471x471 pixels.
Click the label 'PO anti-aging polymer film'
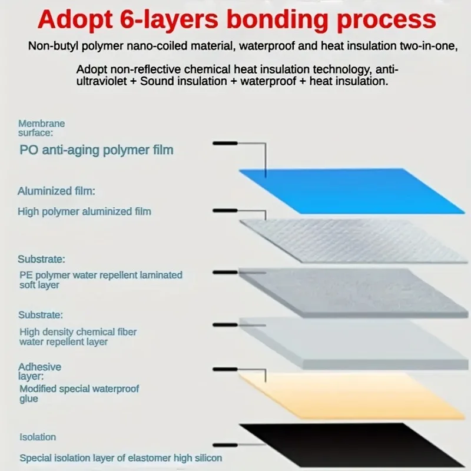pyautogui.click(x=97, y=150)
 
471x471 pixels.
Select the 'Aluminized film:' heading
pyautogui.click(x=57, y=191)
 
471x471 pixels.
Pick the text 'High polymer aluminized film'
pyautogui.click(x=84, y=211)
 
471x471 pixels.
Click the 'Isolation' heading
pyautogui.click(x=38, y=437)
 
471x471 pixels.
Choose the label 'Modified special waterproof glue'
pyautogui.click(x=79, y=394)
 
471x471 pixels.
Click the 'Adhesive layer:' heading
pyautogui.click(x=39, y=371)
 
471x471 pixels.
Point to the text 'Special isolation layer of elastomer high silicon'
pyautogui.click(x=121, y=457)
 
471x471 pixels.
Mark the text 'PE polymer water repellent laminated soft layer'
pyautogui.click(x=100, y=280)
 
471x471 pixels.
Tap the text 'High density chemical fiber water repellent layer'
pyautogui.click(x=78, y=337)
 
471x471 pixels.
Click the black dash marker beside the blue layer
pyautogui.click(x=225, y=144)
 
